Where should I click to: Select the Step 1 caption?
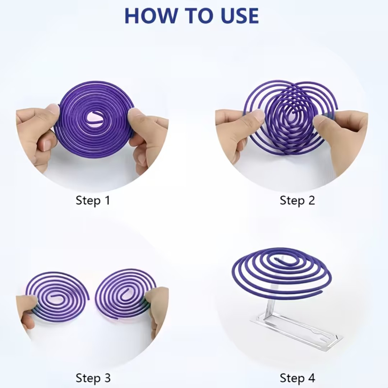click(x=93, y=200)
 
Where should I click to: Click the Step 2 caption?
click(x=297, y=200)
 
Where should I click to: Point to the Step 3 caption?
click(x=93, y=378)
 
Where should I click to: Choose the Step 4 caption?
click(x=297, y=378)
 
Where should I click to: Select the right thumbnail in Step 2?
click(x=320, y=120)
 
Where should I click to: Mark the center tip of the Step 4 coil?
click(x=276, y=259)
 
